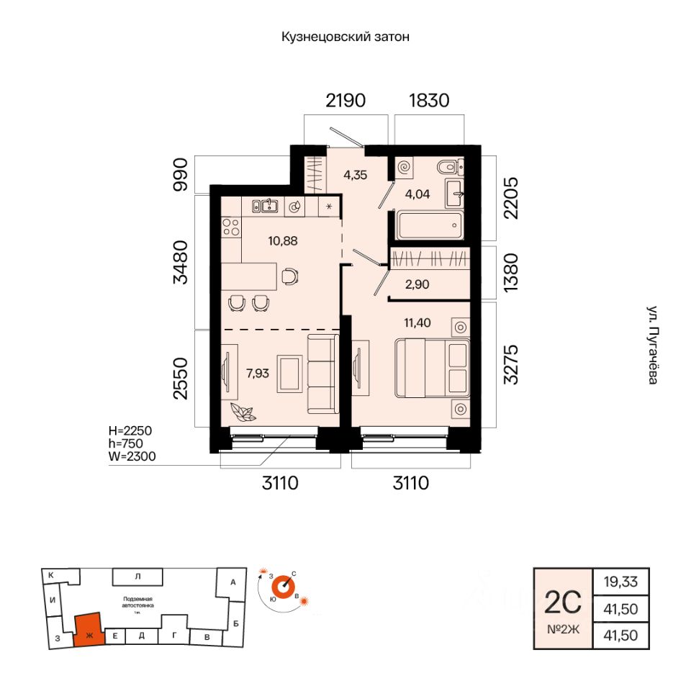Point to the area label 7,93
point(258,373)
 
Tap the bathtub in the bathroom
point(428,225)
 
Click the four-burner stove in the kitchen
point(231,227)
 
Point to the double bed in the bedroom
point(431,367)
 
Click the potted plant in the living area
point(242,412)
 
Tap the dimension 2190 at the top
point(345,100)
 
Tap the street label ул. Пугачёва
point(652,345)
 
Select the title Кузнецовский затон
point(345,37)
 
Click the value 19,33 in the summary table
point(620,581)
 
